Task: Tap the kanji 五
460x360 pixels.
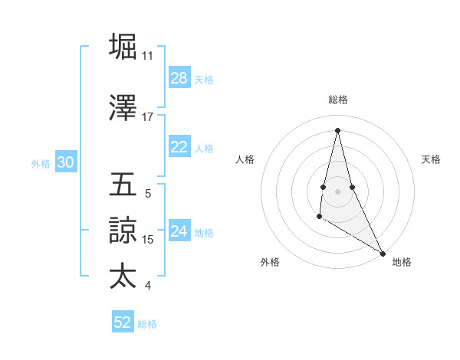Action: [123, 185]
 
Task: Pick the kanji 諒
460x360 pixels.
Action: [123, 231]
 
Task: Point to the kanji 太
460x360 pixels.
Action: [123, 276]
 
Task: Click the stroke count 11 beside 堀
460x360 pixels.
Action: [147, 55]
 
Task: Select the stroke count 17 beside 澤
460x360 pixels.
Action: [147, 117]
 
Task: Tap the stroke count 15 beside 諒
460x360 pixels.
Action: [149, 240]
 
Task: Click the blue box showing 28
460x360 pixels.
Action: [179, 78]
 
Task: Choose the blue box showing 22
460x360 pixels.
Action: [179, 147]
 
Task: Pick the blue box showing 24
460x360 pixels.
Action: [179, 231]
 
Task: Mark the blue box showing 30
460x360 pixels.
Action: [65, 162]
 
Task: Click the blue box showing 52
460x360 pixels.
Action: [123, 322]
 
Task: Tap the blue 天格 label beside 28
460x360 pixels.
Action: [204, 80]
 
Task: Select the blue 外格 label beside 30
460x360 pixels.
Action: [41, 163]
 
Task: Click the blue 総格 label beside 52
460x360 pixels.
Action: [147, 324]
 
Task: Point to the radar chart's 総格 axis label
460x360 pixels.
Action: [337, 100]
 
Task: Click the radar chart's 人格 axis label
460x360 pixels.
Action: [245, 159]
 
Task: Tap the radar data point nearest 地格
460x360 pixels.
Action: [383, 253]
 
